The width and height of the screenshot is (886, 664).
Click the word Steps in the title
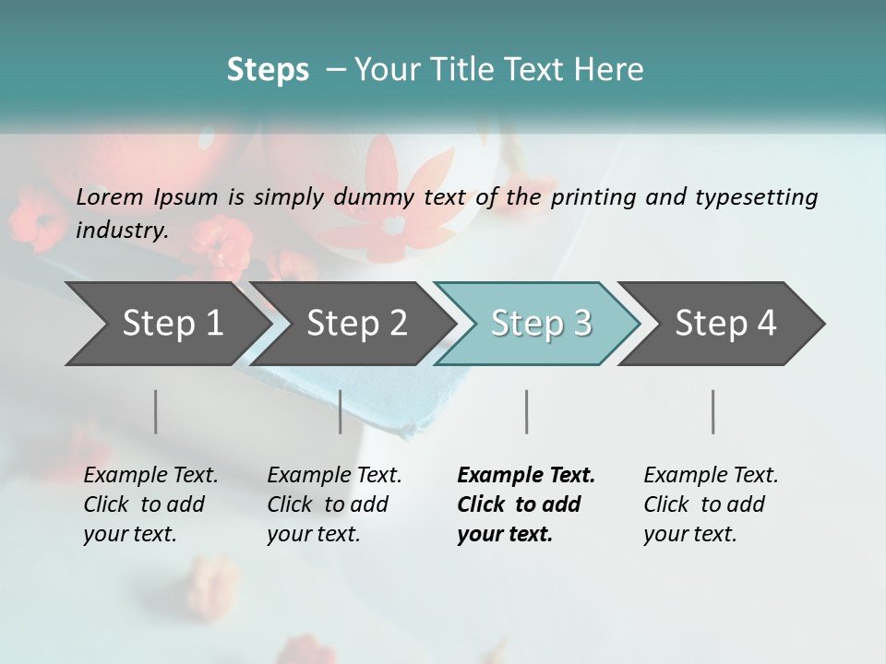(268, 69)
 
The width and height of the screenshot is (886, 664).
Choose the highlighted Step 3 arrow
(541, 323)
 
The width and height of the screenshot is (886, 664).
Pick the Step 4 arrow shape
(725, 323)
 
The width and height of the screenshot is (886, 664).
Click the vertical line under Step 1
(156, 411)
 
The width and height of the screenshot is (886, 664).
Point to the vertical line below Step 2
(341, 411)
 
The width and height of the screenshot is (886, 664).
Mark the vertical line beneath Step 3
(526, 411)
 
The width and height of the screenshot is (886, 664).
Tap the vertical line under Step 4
(712, 411)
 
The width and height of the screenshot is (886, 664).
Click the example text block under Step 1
(150, 504)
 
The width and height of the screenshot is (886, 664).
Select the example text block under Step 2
(334, 504)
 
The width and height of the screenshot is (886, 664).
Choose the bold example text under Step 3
(526, 504)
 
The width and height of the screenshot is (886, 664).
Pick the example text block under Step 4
(711, 504)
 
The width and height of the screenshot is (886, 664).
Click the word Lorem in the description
(110, 196)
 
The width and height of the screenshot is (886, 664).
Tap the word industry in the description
(121, 230)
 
